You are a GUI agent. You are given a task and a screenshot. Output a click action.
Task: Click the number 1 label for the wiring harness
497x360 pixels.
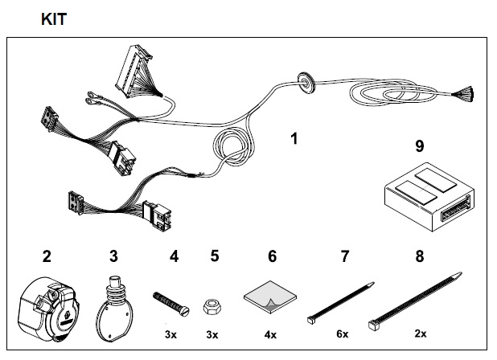294,138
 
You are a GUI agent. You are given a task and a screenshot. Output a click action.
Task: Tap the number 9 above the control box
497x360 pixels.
419,147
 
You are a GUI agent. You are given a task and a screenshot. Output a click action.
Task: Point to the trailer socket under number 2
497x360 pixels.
48,306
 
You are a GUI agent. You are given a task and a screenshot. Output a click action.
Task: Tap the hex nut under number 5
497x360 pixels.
212,305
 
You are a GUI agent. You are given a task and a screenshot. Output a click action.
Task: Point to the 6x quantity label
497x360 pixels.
342,333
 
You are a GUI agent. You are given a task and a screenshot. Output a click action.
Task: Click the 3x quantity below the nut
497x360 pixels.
212,333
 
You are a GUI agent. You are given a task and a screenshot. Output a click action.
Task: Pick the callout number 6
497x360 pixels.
272,257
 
